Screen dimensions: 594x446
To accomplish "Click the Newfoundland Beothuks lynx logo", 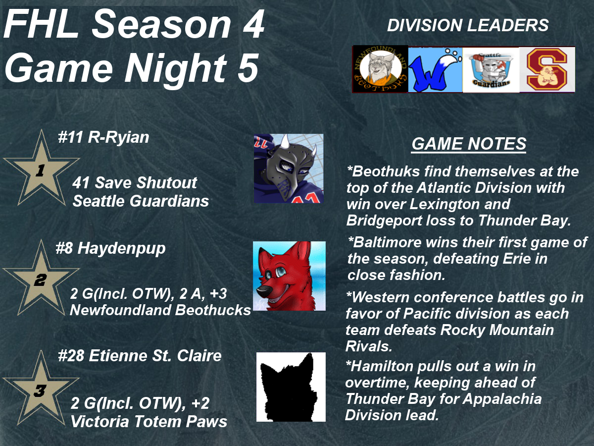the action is [380, 69].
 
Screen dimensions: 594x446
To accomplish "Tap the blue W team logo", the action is [435, 70].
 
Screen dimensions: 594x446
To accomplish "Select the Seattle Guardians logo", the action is [491, 70].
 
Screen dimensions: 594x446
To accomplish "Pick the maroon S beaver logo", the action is [547, 70].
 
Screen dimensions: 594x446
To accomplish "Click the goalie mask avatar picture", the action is [289, 168].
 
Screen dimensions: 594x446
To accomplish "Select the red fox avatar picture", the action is [289, 276].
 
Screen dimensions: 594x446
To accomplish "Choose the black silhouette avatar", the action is [291, 387].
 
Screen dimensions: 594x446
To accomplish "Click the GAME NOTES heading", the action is [469, 144].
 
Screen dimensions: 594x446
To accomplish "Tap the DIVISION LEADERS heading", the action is [468, 25].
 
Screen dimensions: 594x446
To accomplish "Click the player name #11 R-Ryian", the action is [103, 137].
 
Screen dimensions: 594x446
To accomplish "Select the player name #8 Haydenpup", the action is [110, 248].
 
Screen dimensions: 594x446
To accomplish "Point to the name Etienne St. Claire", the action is [155, 355].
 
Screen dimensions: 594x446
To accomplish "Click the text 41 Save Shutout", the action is [135, 182].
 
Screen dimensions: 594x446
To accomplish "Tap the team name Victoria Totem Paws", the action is [149, 422].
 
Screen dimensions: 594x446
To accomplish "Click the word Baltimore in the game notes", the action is [387, 242].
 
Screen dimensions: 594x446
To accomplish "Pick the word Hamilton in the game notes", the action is [379, 366].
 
